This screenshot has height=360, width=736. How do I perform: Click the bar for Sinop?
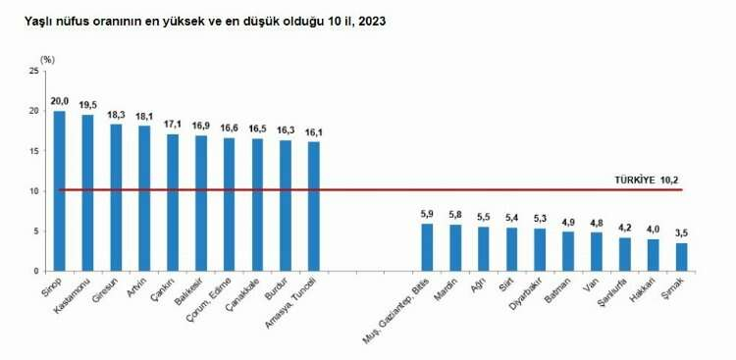pos(59,191)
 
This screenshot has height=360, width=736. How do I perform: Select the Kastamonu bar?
pos(87,193)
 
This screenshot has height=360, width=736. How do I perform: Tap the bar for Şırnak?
pos(682,257)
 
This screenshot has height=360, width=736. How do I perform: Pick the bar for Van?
pos(597,251)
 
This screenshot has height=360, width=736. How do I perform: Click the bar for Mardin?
pos(455,247)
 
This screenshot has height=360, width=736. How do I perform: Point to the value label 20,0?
pos(59,101)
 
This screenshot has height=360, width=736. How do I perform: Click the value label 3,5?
pos(682,233)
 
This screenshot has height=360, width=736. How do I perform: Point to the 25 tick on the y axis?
pos(35,72)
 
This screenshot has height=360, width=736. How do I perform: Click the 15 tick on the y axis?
pos(35,151)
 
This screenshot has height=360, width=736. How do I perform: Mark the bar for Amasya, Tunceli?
pos(313,207)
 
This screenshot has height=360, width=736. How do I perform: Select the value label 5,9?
pos(427,214)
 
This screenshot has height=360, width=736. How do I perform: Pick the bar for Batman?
pos(568,251)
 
